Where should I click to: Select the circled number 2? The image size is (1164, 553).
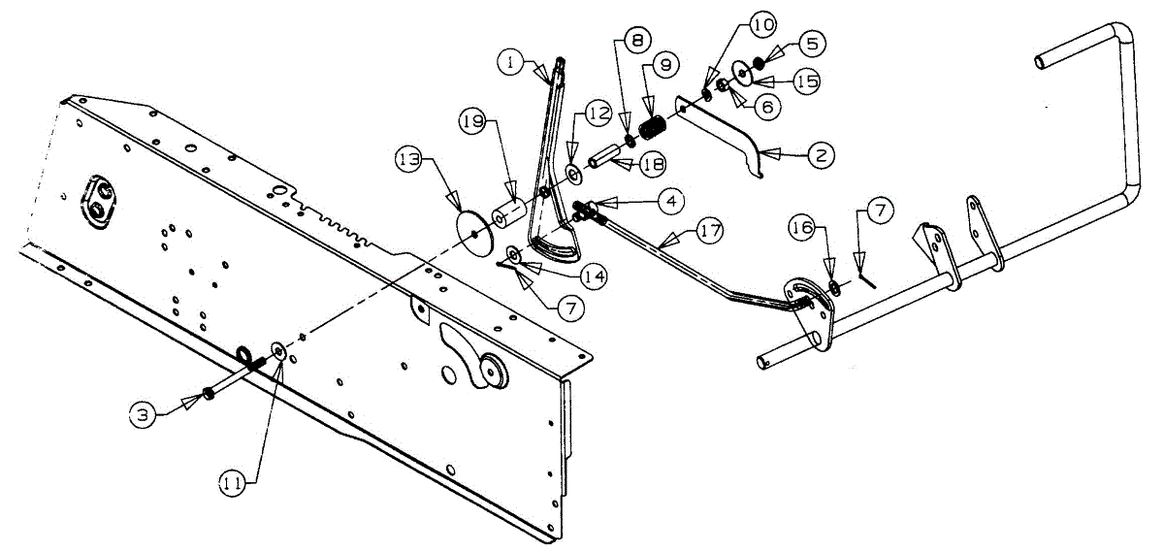(820, 153)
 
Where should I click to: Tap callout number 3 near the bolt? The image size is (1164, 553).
(144, 414)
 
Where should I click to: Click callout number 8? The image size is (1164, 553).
(635, 42)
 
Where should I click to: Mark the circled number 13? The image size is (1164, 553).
(409, 157)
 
